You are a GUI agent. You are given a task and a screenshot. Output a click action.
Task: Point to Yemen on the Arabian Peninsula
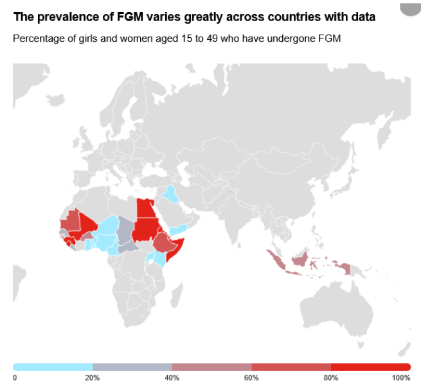[x=180, y=230]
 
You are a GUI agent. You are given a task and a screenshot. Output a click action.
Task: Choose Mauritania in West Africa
[x=69, y=219]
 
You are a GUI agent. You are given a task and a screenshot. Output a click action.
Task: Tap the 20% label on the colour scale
[x=93, y=377]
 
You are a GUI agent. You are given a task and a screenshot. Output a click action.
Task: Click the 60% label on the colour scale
[x=251, y=377]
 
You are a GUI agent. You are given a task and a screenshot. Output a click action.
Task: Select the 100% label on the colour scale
[x=401, y=377]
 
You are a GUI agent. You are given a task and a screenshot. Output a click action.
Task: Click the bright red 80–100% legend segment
[x=370, y=367]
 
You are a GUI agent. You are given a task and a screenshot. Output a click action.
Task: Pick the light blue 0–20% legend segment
[x=53, y=367]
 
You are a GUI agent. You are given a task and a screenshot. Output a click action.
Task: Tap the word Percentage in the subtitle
[x=37, y=38]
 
